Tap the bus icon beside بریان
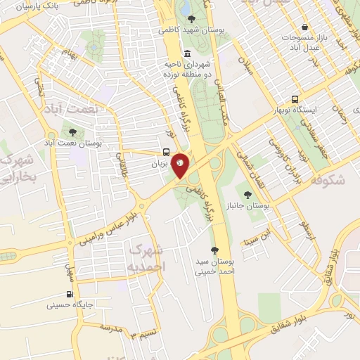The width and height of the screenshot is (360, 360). (x=165, y=152)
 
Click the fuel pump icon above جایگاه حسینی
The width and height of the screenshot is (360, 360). (x=69, y=295)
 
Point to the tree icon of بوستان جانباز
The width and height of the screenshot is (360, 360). (x=247, y=194)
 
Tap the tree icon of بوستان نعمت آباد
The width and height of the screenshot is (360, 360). (x=72, y=131)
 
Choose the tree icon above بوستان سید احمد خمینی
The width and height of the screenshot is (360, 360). (x=215, y=250)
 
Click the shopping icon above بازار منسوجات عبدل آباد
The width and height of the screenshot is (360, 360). (x=304, y=26)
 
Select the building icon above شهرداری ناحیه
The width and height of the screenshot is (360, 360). (x=186, y=54)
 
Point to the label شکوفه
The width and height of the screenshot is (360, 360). (x=325, y=179)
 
